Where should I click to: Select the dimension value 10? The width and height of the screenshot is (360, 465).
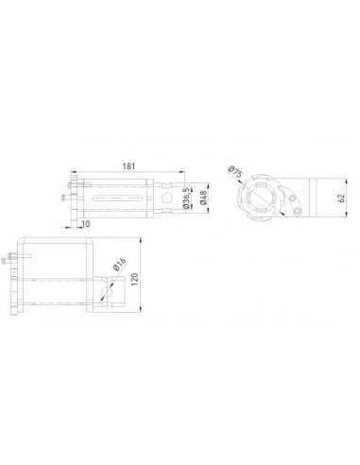pos(86,224)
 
